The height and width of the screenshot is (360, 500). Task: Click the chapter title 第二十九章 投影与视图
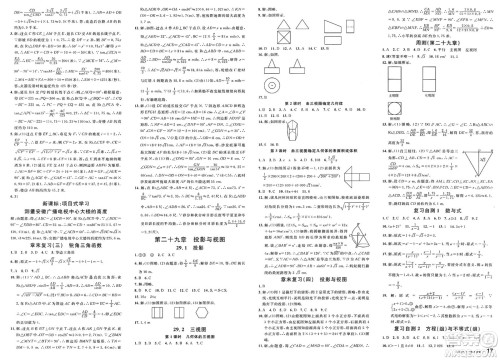click(x=188, y=267)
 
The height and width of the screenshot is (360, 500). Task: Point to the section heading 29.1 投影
click(x=187, y=279)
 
